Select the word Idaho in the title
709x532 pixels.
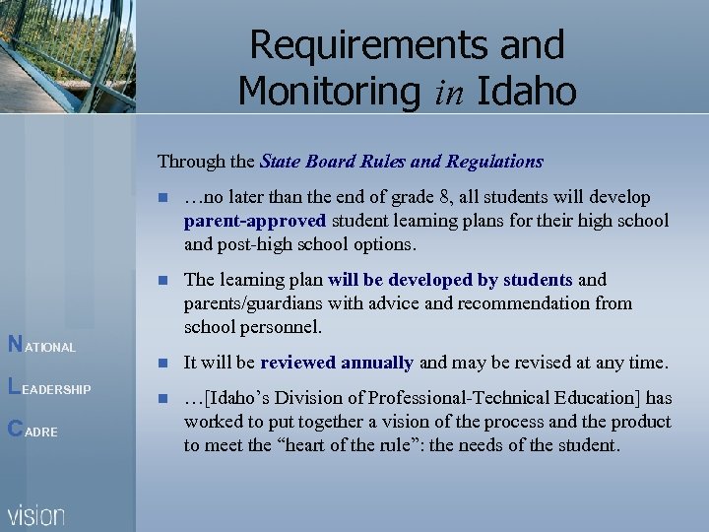click(526, 91)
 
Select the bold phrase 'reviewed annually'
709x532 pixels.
click(337, 363)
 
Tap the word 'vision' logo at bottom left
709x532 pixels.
click(36, 514)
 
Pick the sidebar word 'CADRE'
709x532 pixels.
click(32, 431)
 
